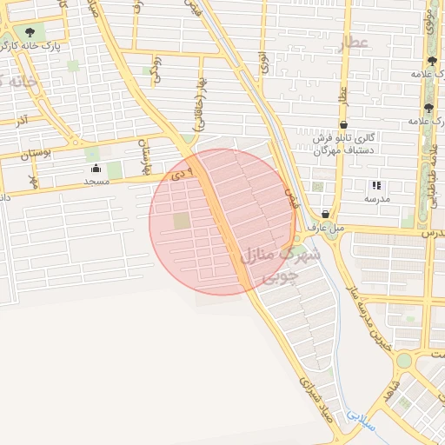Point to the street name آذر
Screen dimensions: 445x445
pyautogui.click(x=22, y=120)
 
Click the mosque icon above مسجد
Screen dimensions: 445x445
pyautogui.click(x=96, y=168)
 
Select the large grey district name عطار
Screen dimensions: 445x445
pyautogui.click(x=355, y=42)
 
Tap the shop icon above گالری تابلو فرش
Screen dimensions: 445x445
pyautogui.click(x=344, y=124)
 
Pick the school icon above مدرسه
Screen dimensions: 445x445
pyautogui.click(x=376, y=185)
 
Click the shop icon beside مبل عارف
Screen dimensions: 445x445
pyautogui.click(x=325, y=214)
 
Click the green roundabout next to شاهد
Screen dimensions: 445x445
pyautogui.click(x=403, y=360)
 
